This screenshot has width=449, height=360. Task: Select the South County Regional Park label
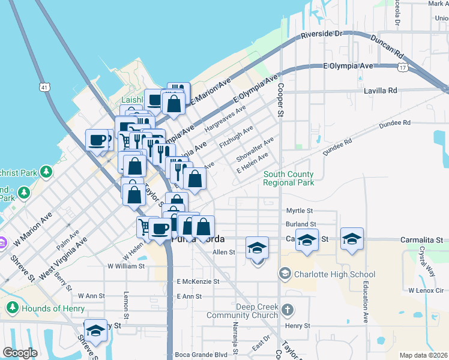pos(289,178)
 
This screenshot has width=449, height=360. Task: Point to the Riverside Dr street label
pos(321,34)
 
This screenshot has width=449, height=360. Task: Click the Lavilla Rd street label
pos(381,91)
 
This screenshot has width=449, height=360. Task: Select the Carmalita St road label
pos(421,239)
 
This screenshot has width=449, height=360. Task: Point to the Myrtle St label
pos(300,211)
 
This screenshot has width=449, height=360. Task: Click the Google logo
pos(20,353)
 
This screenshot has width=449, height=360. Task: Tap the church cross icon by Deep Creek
pos(288,310)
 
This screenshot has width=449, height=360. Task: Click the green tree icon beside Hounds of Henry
pos(12,308)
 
